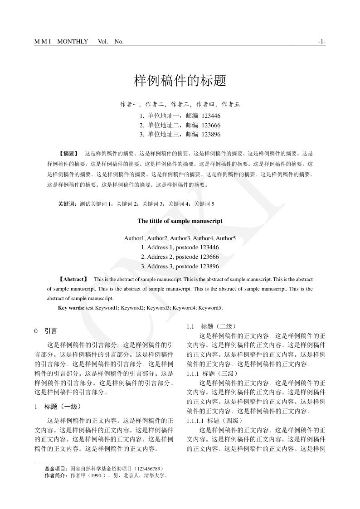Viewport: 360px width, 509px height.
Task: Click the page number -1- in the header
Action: pyautogui.click(x=322, y=42)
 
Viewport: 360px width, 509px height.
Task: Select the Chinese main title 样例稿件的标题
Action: pyautogui.click(x=180, y=81)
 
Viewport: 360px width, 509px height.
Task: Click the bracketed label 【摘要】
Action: pyautogui.click(x=69, y=154)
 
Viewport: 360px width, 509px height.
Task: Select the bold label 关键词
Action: pyautogui.click(x=67, y=204)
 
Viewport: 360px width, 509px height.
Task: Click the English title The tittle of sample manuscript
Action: pyautogui.click(x=180, y=221)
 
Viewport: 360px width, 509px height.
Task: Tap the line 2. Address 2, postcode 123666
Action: pyautogui.click(x=180, y=257)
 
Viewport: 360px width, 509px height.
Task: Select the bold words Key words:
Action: pyautogui.click(x=71, y=308)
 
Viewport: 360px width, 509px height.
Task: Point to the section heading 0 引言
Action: pyautogui.click(x=46, y=331)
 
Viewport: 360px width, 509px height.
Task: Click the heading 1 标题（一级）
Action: pyautogui.click(x=58, y=407)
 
